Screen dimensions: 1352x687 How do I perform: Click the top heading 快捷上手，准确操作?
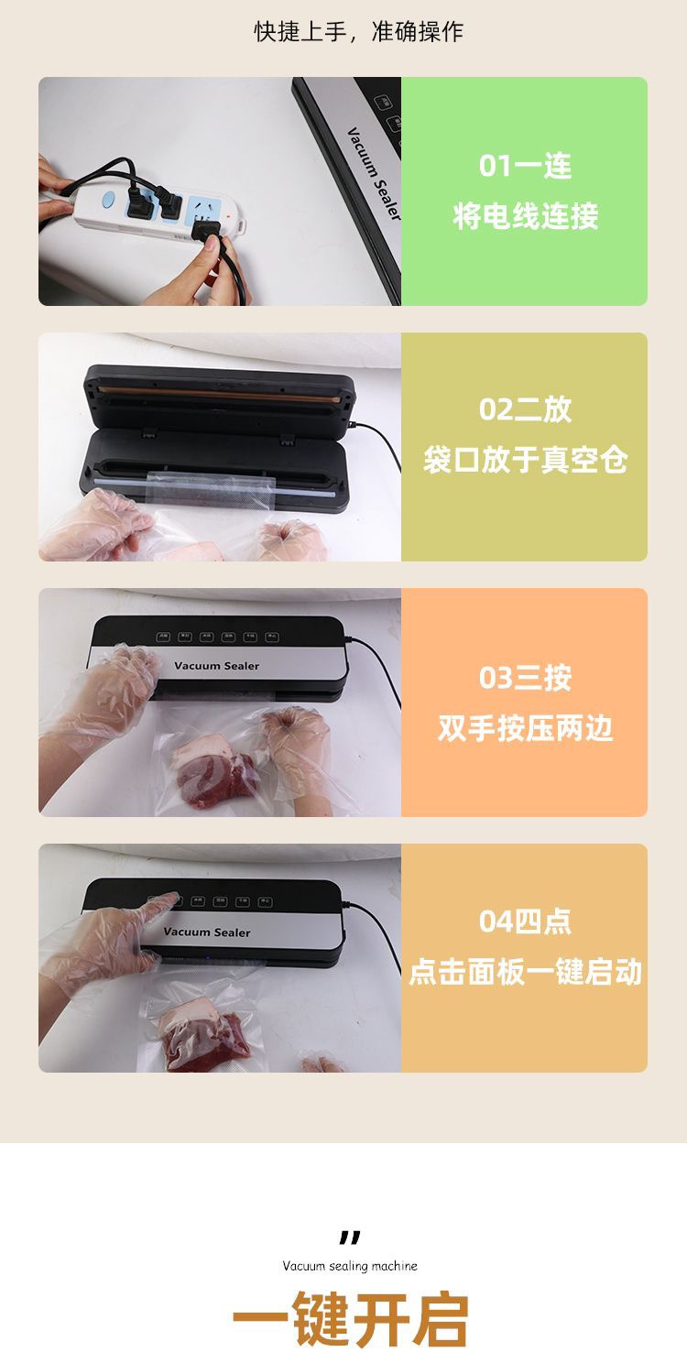(358, 32)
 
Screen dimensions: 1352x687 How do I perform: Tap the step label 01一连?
(525, 166)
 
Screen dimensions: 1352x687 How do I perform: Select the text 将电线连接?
(525, 217)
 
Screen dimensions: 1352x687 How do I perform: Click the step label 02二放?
(525, 409)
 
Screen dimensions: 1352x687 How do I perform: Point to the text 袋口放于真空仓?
(525, 460)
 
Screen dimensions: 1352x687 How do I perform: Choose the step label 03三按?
(525, 678)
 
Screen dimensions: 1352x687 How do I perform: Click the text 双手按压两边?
(525, 729)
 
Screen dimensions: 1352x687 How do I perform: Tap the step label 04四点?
(525, 921)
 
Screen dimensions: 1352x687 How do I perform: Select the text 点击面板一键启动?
(525, 972)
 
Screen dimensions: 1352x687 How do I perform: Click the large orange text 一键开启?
(350, 1319)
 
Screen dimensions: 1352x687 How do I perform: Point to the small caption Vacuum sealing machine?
(350, 1266)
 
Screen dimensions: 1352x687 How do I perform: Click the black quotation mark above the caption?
(350, 1238)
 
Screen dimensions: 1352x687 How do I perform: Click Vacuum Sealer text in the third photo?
(216, 666)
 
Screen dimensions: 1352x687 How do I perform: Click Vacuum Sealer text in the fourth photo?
(206, 932)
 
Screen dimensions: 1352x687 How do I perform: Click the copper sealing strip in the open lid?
(220, 392)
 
